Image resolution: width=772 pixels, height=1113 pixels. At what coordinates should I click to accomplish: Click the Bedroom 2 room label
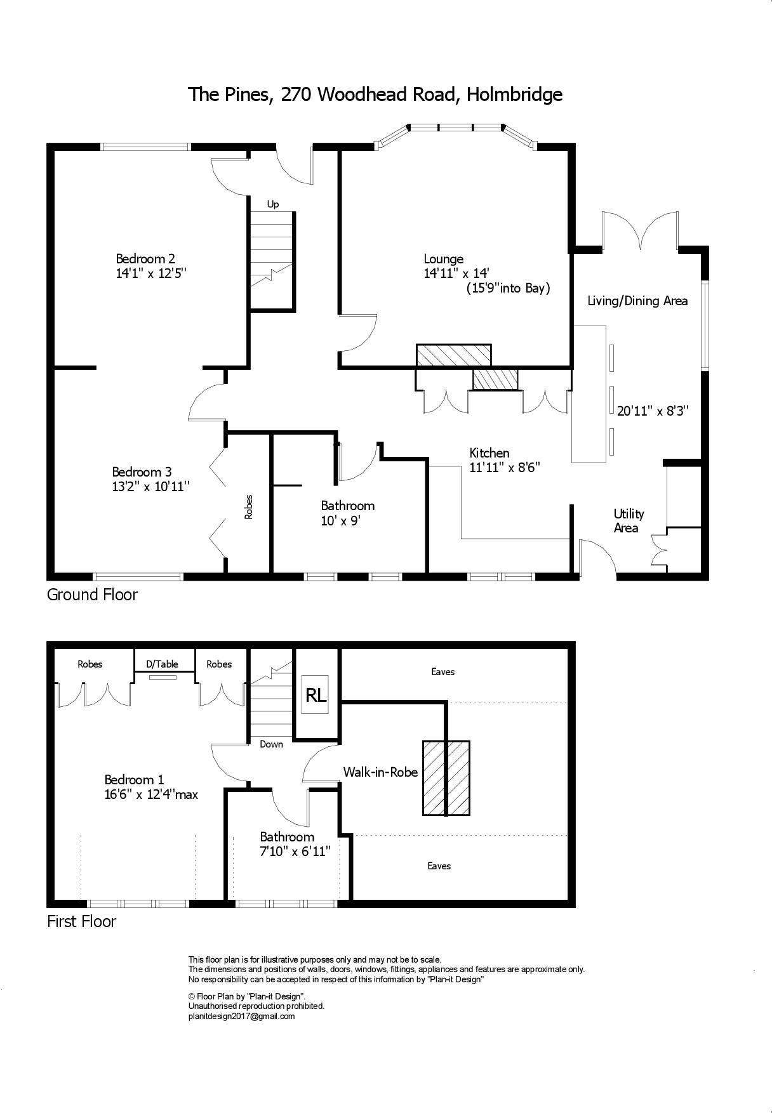pyautogui.click(x=145, y=259)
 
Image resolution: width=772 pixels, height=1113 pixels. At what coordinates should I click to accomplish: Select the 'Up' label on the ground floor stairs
pyautogui.click(x=273, y=204)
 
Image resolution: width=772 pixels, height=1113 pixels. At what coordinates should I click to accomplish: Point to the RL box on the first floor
pyautogui.click(x=316, y=695)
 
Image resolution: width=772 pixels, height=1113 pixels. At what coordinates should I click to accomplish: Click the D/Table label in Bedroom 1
pyautogui.click(x=162, y=664)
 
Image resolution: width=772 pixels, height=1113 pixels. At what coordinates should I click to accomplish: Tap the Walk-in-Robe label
pyautogui.click(x=380, y=772)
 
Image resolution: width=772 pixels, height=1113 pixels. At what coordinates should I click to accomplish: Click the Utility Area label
pyautogui.click(x=629, y=521)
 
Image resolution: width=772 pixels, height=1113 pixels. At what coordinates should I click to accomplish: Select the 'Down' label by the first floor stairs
pyautogui.click(x=271, y=744)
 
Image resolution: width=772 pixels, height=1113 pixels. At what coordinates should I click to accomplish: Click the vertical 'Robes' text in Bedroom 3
pyautogui.click(x=249, y=507)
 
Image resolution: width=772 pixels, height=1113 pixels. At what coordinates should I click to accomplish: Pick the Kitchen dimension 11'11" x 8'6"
pyautogui.click(x=505, y=468)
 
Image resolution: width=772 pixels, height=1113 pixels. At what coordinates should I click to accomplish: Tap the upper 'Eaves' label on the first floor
pyautogui.click(x=443, y=672)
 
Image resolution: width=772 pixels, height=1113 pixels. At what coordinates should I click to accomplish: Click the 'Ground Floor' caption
pyautogui.click(x=92, y=595)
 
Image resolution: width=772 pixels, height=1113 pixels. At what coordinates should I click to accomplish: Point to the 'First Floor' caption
pyautogui.click(x=81, y=921)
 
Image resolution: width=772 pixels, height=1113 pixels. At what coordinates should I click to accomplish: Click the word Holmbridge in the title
pyautogui.click(x=514, y=95)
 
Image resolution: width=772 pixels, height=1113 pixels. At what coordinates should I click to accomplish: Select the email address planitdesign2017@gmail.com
pyautogui.click(x=241, y=1016)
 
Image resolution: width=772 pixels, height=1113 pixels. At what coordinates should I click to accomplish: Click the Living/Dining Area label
pyautogui.click(x=637, y=301)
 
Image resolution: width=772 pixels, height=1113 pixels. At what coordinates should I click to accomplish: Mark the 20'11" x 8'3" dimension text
pyautogui.click(x=653, y=411)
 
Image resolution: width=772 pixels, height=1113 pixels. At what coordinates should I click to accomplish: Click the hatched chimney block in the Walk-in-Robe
pyautogui.click(x=446, y=778)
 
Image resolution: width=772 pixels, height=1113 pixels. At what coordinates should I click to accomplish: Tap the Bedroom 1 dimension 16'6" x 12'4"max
pyautogui.click(x=152, y=794)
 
